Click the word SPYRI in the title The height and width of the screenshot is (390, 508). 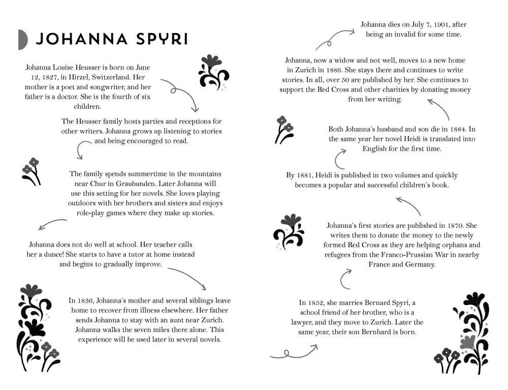162,39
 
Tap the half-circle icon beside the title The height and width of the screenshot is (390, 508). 22,40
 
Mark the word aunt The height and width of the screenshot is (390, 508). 170,320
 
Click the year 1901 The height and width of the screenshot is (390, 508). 442,24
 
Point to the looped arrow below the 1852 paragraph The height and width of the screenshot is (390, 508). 293,352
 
